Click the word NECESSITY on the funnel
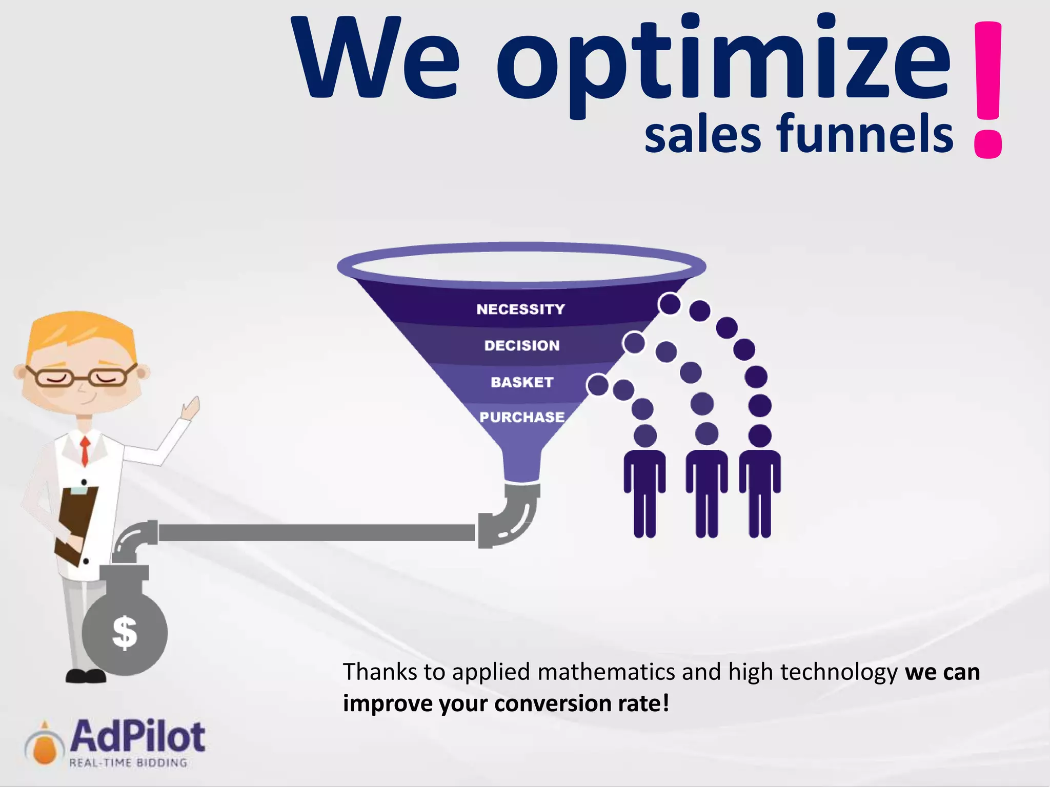click(x=520, y=309)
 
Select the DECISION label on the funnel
click(x=522, y=346)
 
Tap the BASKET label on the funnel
click(x=522, y=382)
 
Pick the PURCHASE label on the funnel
click(x=522, y=417)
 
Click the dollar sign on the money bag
click(x=125, y=633)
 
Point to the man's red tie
click(x=85, y=451)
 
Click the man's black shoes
click(x=86, y=676)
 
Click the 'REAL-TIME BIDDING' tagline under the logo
click(x=128, y=763)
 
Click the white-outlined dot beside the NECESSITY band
click(x=670, y=304)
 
